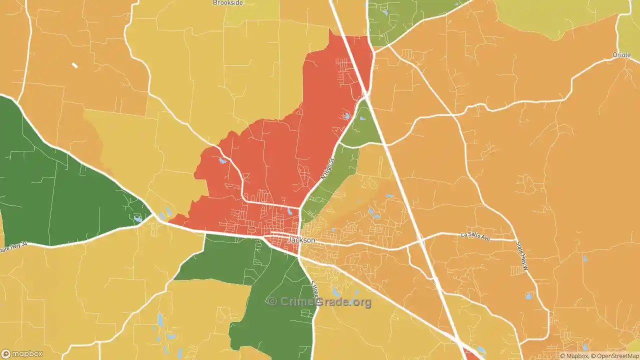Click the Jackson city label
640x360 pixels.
click(302, 240)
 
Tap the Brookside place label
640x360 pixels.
click(227, 3)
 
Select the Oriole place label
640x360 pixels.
click(622, 55)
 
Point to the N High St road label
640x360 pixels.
click(326, 170)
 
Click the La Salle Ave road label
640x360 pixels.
click(475, 234)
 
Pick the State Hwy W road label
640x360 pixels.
click(522, 256)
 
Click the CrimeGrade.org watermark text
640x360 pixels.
click(320, 301)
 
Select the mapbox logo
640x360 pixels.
click(22, 354)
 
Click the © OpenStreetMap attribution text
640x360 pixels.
click(615, 356)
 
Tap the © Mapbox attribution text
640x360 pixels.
click(574, 356)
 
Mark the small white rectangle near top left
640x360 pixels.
click(74, 65)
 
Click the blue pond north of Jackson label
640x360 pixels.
click(290, 211)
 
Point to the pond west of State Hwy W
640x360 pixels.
click(528, 296)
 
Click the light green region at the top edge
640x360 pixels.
click(400, 20)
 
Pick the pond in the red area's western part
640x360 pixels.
click(222, 161)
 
